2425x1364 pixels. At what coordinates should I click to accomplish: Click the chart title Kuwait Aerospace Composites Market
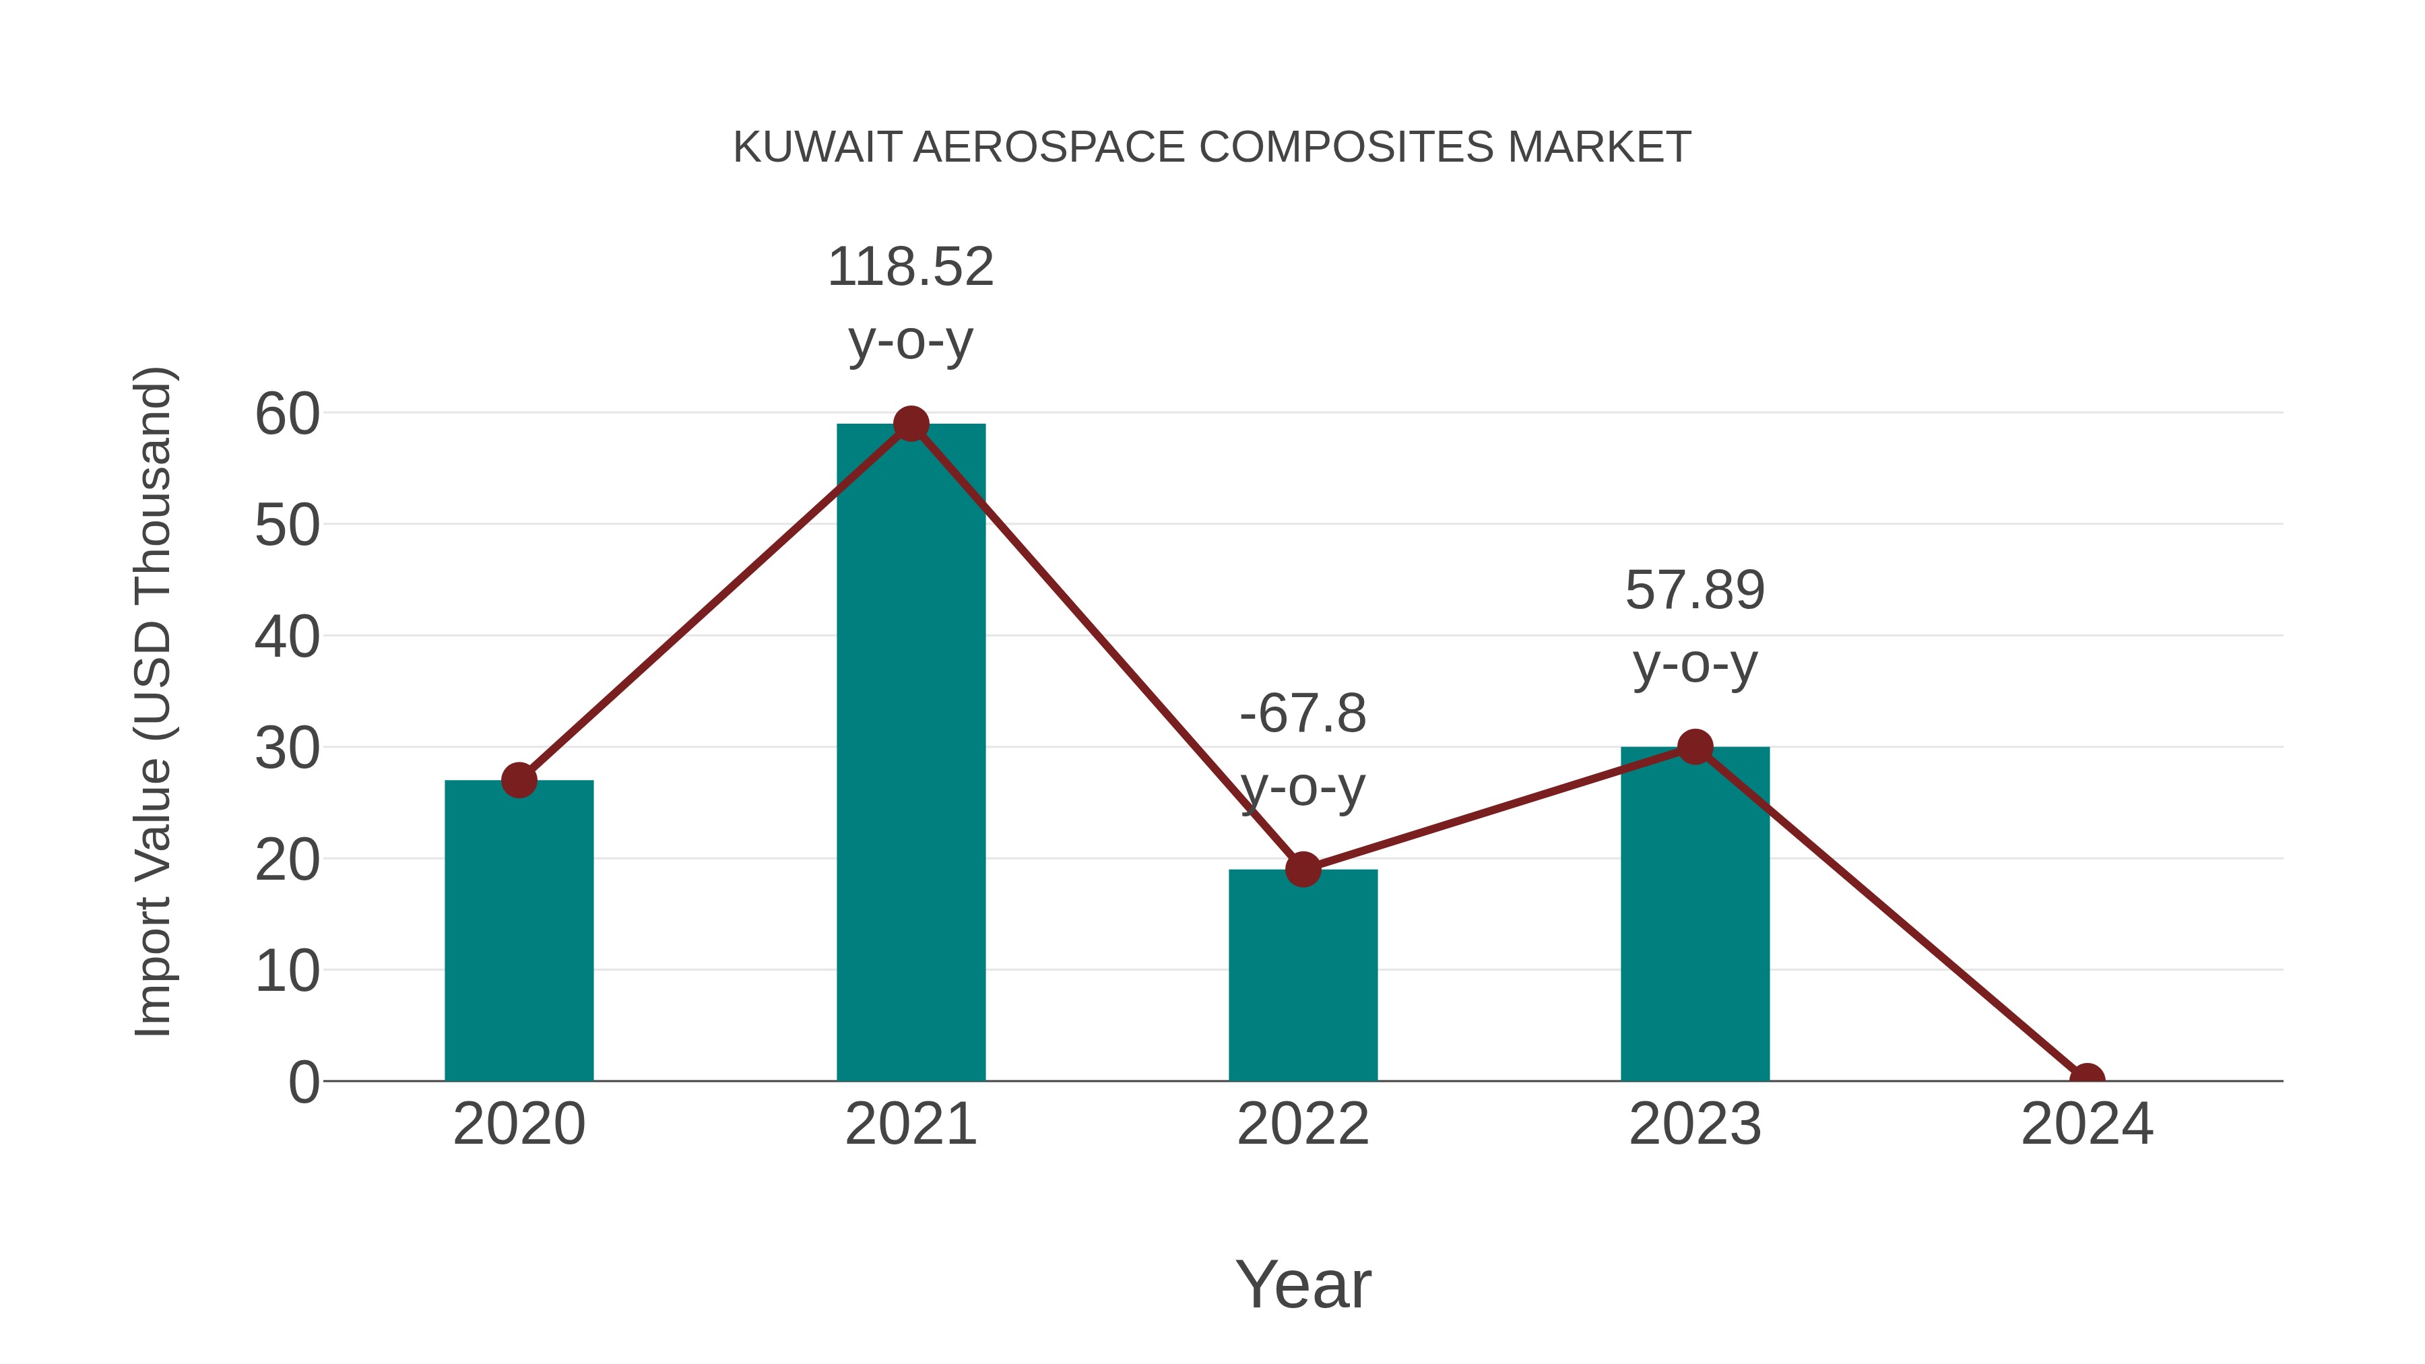[1212, 148]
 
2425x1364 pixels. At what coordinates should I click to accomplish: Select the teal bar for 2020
[519, 932]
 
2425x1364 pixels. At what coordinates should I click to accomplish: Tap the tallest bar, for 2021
[910, 753]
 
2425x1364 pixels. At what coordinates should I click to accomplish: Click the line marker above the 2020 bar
[519, 781]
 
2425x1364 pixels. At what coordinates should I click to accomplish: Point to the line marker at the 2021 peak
[910, 424]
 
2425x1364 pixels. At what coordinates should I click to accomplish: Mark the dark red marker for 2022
[1303, 869]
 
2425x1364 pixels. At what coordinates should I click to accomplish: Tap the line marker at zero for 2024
[2086, 1079]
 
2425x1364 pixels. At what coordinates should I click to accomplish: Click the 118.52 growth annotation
[910, 267]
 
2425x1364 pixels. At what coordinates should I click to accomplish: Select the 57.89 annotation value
[1695, 591]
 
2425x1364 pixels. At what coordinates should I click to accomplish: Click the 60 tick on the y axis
[287, 414]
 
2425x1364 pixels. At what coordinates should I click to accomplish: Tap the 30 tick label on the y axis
[287, 749]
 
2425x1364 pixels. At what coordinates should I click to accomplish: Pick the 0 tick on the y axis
[303, 1082]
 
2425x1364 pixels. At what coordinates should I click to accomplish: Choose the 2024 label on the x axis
[2086, 1124]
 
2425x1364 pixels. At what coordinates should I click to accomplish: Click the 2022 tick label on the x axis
[1303, 1124]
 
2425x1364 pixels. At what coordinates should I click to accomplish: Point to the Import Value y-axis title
[152, 701]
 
